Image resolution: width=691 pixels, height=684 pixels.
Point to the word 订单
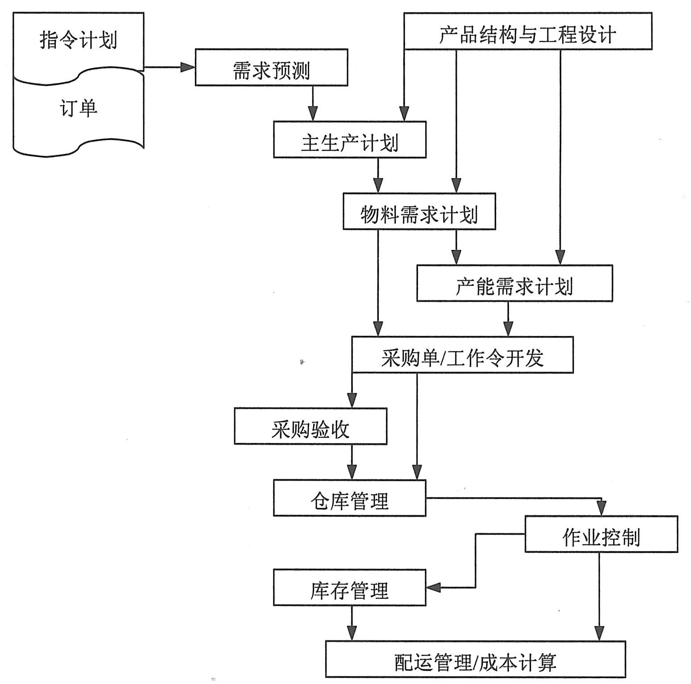pos(79,108)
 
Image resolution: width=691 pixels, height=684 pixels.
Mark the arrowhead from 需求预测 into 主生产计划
pos(313,114)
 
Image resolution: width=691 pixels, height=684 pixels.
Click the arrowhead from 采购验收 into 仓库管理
pos(352,473)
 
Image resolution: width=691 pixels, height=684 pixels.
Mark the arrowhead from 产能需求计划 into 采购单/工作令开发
pos(508,330)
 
